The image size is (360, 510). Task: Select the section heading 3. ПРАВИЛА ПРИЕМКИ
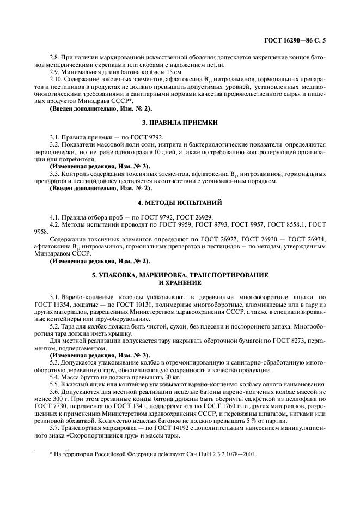point(180,123)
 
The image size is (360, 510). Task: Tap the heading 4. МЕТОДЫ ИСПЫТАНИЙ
point(180,203)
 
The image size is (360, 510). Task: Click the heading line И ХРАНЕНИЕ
point(180,284)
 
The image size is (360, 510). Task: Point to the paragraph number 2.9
point(56,72)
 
